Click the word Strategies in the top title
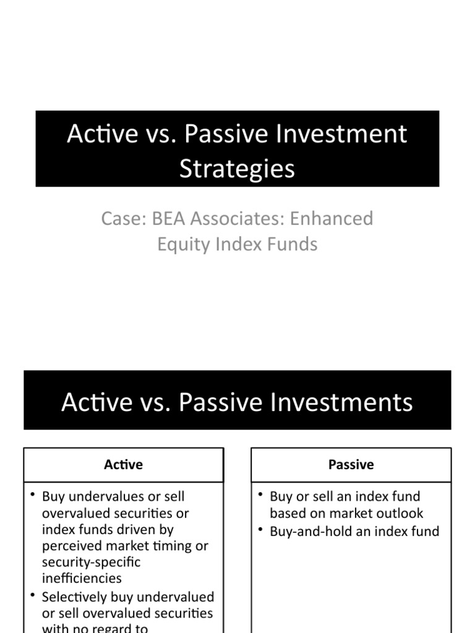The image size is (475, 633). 237,169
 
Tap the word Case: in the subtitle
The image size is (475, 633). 120,219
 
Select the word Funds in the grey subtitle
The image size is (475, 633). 293,244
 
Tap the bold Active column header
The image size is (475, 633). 123,465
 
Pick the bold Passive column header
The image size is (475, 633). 351,465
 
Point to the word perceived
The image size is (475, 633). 71,546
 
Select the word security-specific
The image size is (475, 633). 91,562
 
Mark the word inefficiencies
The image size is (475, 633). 82,579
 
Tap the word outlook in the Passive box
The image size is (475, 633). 401,513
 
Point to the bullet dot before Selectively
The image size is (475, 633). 33,595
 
